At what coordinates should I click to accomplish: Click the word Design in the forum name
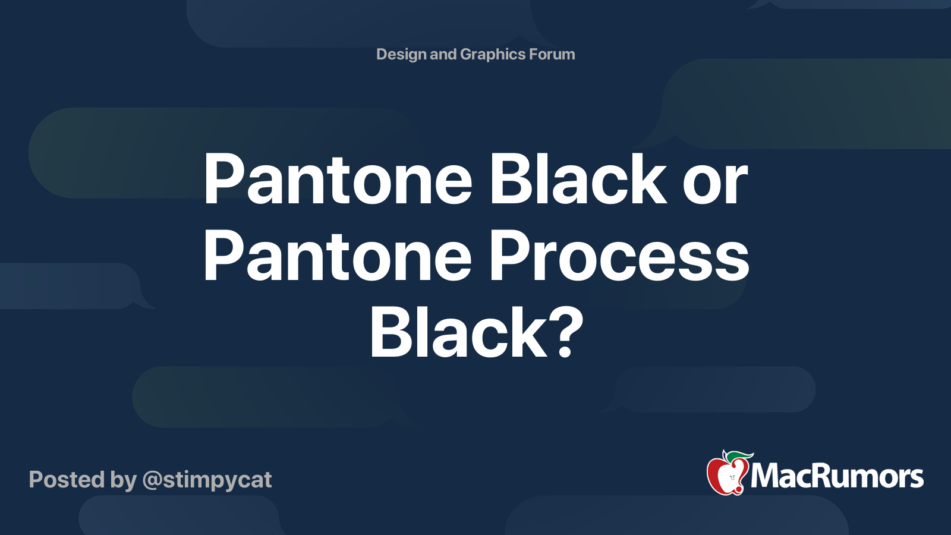coord(401,55)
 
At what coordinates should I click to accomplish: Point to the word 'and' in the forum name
coord(443,54)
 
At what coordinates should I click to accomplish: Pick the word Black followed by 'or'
coord(577,179)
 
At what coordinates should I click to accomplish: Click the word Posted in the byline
coord(66,480)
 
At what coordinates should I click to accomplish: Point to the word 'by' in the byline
coord(124,481)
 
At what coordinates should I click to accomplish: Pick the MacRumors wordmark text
coord(837,477)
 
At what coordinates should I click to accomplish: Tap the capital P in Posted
coord(36,480)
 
